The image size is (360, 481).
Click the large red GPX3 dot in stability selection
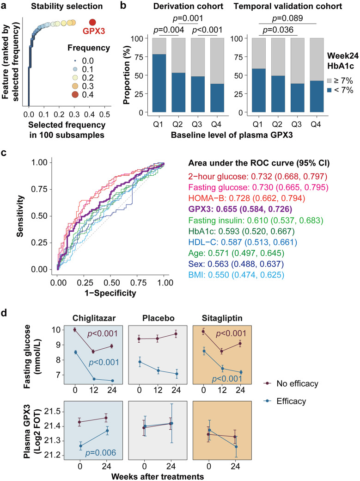(x=92, y=22)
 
